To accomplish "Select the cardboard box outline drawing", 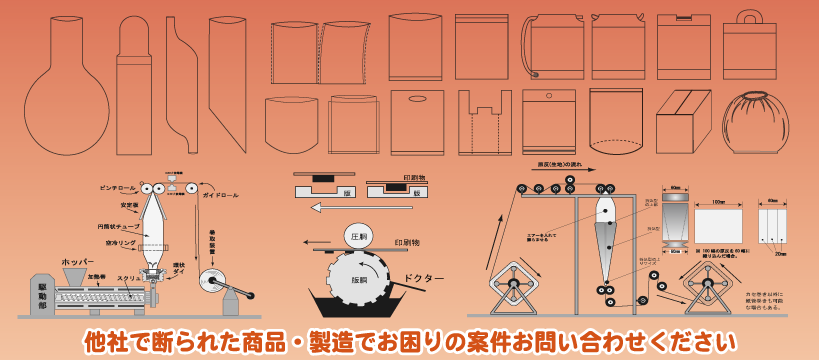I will click(x=682, y=122).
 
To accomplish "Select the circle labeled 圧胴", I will click(x=359, y=236).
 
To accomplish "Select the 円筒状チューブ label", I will click(x=117, y=226).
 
